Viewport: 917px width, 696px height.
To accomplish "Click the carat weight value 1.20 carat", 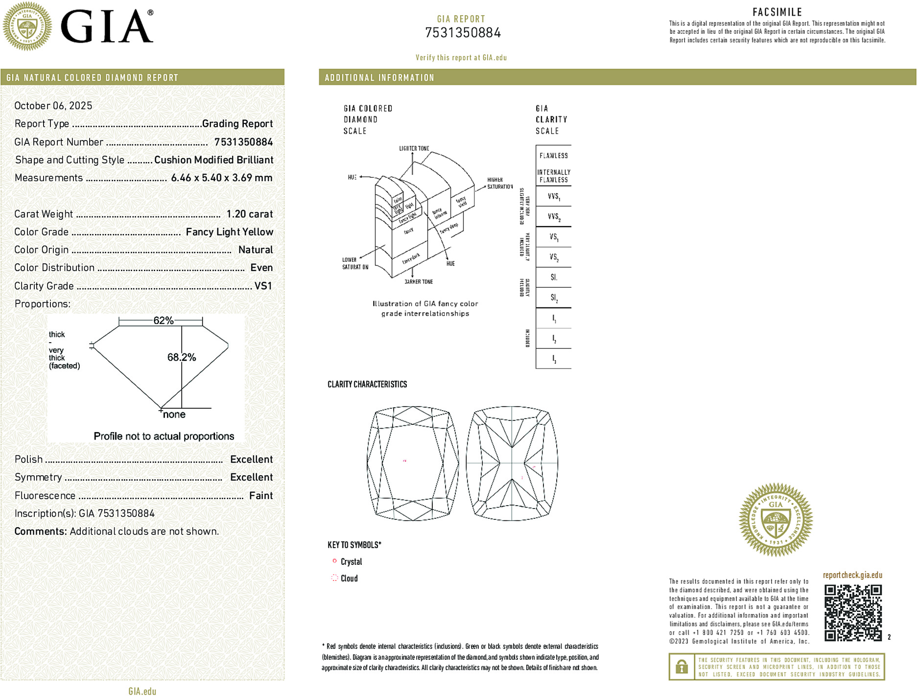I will click(249, 214).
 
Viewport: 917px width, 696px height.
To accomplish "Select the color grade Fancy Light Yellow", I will click(229, 232).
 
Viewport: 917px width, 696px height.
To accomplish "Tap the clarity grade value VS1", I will click(263, 286).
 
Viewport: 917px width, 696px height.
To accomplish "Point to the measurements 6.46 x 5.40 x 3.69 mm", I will click(221, 178).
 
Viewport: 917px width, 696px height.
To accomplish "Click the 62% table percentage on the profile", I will click(163, 321).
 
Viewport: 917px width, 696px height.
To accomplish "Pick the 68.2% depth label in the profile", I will click(182, 357).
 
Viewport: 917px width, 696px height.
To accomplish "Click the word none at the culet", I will click(174, 415).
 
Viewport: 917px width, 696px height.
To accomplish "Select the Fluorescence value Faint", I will click(260, 495).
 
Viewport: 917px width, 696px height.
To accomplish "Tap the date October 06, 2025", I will click(53, 106).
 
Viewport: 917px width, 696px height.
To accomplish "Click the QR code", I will click(853, 612).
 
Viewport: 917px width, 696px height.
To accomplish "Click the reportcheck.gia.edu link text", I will click(852, 575).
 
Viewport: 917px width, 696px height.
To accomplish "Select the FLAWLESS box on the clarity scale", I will click(554, 156).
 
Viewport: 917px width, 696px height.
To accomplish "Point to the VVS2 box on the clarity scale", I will click(554, 216).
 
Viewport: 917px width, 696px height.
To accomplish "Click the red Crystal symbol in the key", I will click(334, 561).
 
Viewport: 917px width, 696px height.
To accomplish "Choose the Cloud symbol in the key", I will click(334, 578).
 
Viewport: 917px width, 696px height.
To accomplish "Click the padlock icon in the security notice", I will click(682, 667).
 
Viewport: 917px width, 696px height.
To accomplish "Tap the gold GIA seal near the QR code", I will click(776, 520).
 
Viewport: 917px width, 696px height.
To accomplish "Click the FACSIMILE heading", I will click(777, 12).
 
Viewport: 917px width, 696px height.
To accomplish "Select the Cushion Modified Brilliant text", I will click(213, 160).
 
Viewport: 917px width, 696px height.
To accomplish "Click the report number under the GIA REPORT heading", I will click(463, 33).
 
